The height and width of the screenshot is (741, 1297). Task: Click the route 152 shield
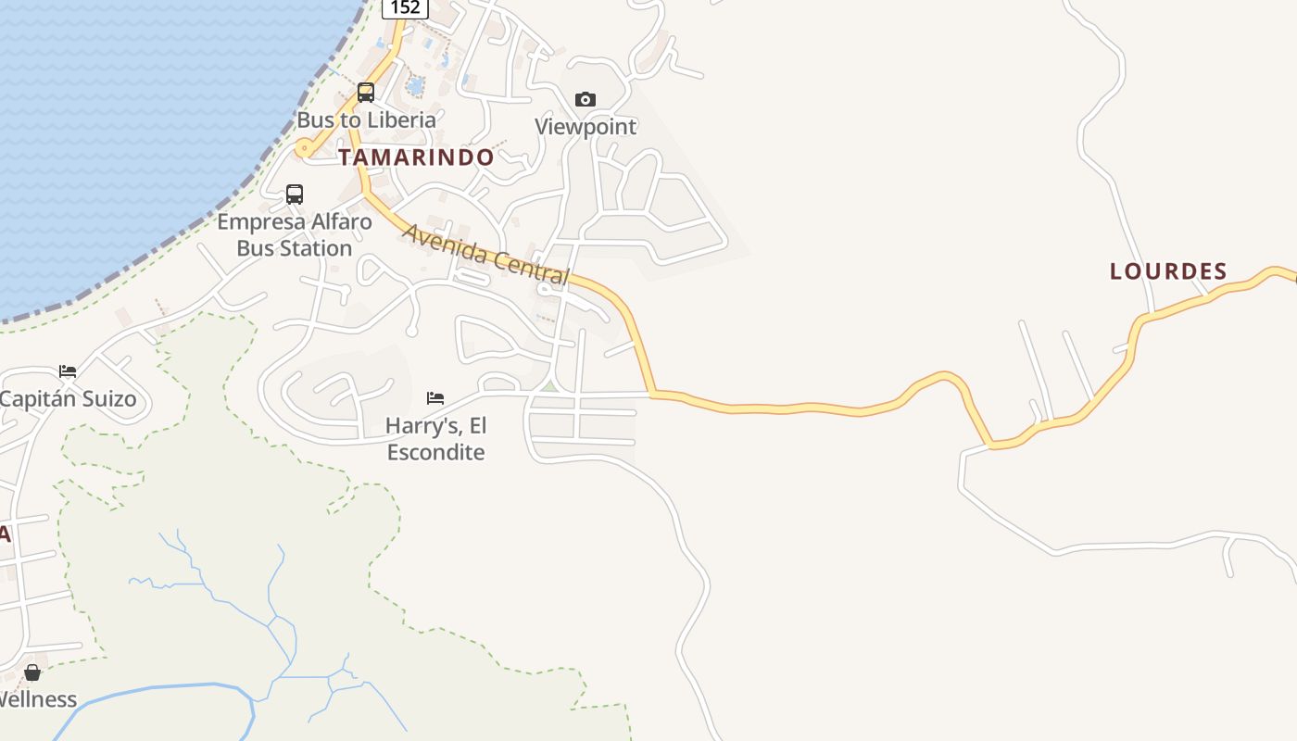pyautogui.click(x=405, y=7)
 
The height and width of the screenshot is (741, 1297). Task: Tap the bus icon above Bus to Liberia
pyautogui.click(x=366, y=93)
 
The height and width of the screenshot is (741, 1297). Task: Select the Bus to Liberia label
pyautogui.click(x=366, y=119)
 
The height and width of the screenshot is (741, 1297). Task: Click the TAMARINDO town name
pyautogui.click(x=416, y=157)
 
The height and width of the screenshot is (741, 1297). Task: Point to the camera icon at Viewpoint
pyautogui.click(x=586, y=99)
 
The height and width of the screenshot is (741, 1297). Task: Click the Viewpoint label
pyautogui.click(x=586, y=126)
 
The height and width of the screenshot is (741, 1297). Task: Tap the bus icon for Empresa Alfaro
pyautogui.click(x=295, y=195)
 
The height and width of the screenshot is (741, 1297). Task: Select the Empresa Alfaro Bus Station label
pyautogui.click(x=295, y=235)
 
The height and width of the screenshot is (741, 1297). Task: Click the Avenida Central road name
pyautogui.click(x=485, y=253)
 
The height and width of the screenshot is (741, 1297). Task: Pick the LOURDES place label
pyautogui.click(x=1168, y=271)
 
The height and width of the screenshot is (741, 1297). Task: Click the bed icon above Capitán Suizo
pyautogui.click(x=68, y=371)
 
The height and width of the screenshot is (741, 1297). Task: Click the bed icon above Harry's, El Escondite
pyautogui.click(x=435, y=398)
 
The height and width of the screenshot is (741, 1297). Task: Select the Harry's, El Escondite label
pyautogui.click(x=435, y=439)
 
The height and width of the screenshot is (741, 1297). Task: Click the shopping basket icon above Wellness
pyautogui.click(x=32, y=672)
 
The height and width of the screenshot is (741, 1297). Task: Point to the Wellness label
pyautogui.click(x=37, y=699)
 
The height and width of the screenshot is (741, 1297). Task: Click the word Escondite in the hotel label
pyautogui.click(x=435, y=452)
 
